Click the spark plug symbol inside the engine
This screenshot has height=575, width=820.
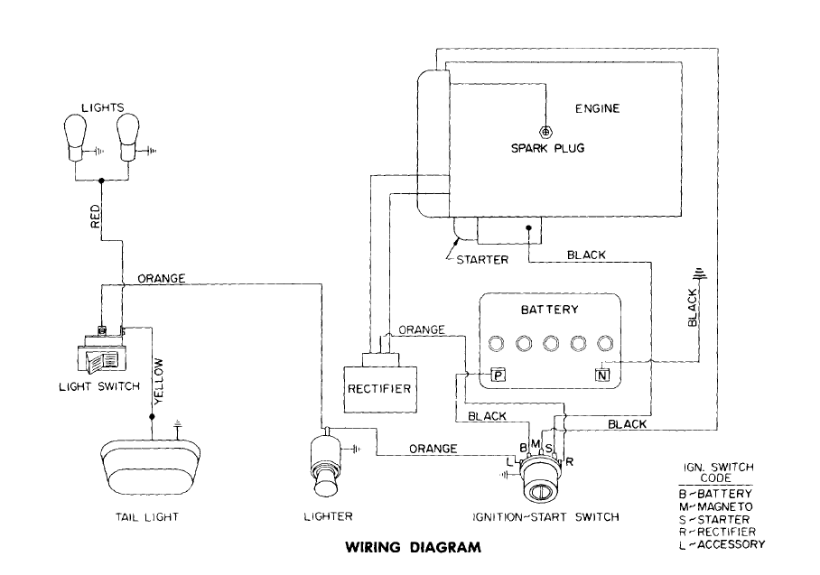point(545,131)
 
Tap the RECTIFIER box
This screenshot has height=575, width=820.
point(378,388)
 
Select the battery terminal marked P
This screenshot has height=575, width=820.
point(496,374)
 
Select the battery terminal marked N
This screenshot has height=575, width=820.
point(602,374)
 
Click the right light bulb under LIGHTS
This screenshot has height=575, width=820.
point(127,134)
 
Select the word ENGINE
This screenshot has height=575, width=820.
point(597,109)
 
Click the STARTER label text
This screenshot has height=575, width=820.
point(482,259)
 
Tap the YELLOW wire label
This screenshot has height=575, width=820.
point(159,379)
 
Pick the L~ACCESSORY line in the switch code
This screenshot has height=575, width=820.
point(721,544)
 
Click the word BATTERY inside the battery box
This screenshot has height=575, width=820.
point(549,310)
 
